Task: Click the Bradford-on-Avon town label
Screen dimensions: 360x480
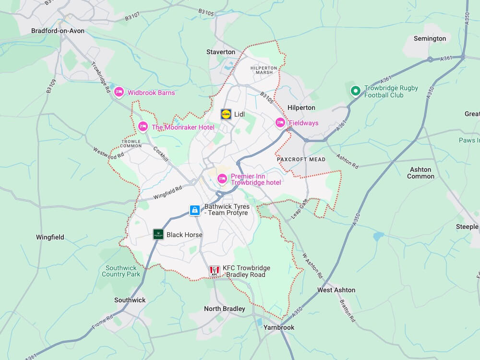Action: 58,31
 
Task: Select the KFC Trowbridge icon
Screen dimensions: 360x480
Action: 215,271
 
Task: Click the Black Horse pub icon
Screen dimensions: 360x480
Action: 158,234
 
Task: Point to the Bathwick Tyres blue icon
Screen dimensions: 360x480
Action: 195,210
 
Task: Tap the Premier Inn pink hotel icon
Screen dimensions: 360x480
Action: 222,179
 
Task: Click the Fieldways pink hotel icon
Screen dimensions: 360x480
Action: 280,123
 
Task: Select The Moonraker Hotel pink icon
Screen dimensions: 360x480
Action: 143,127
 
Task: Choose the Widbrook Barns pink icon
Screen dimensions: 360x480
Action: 119,92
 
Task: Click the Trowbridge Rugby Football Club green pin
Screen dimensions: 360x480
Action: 355,90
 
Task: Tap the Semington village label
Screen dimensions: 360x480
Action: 430,38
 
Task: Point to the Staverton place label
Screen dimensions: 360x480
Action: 221,52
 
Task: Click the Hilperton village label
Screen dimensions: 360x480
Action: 301,108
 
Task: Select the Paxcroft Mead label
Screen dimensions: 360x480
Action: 301,159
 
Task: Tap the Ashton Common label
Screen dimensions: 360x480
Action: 420,173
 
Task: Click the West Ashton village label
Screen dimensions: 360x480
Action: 336,290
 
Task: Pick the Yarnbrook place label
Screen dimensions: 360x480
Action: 278,327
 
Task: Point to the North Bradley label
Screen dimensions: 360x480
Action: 225,309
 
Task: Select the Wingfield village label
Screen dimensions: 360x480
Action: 50,237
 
